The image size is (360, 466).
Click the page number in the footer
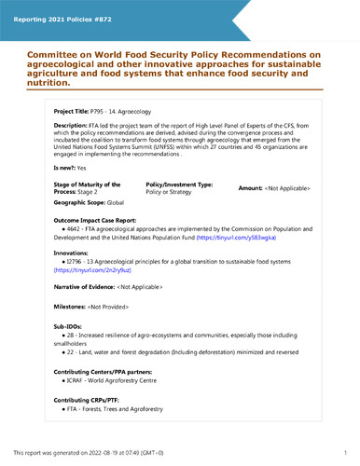point(345,452)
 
